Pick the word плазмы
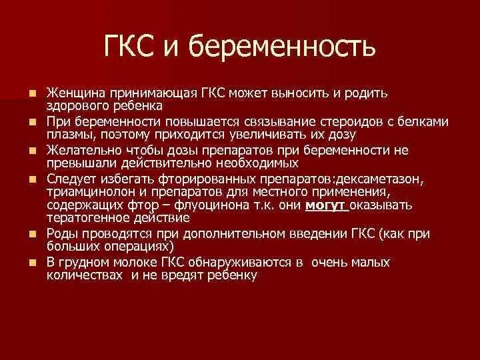pyautogui.click(x=68, y=135)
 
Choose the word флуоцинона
pyautogui.click(x=241, y=205)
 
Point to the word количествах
pyautogui.click(x=85, y=274)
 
